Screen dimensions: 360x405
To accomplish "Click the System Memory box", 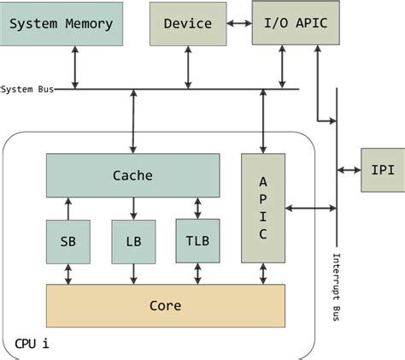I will point(61,24).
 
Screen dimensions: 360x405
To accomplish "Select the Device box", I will point(187,24).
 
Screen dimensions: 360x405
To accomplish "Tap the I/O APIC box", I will point(296,24).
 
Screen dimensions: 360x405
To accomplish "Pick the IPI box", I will point(383,169).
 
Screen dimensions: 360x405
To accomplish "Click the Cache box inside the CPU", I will point(132,176).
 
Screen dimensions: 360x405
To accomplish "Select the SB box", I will point(67,241).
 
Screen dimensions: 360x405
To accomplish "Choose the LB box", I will point(133,241).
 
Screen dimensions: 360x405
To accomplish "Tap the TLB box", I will point(197,240).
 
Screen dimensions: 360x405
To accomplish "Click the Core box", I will point(164,304).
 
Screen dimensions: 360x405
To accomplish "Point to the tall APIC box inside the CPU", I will point(263,208).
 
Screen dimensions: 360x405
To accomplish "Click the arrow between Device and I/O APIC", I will point(239,24).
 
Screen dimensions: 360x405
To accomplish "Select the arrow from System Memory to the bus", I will point(75,68).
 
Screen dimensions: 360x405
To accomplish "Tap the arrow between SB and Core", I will point(67,274).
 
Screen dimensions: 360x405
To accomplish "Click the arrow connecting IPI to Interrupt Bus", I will point(349,169).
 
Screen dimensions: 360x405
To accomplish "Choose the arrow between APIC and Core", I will point(263,274).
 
